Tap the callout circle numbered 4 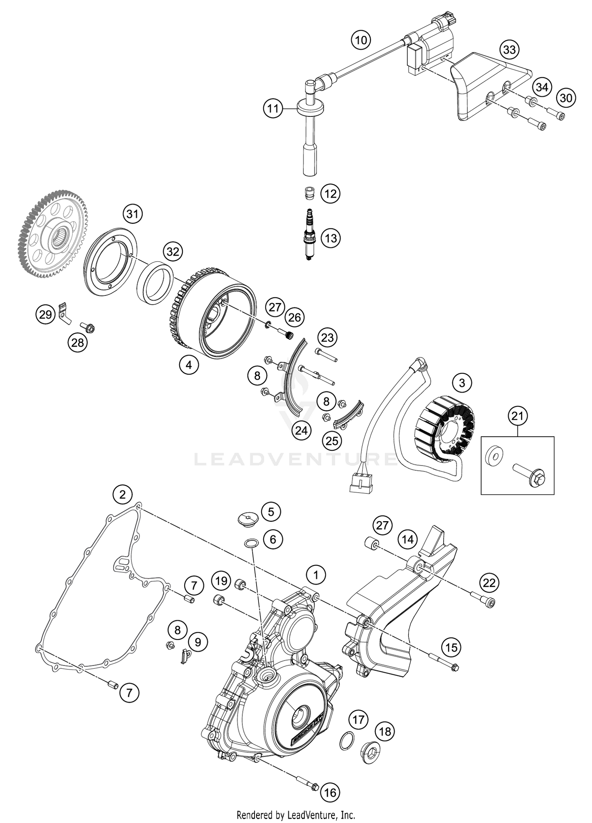[189, 365]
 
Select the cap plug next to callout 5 [248, 518]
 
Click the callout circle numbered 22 [489, 583]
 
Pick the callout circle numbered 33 [510, 50]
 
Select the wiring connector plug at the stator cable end [360, 484]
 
